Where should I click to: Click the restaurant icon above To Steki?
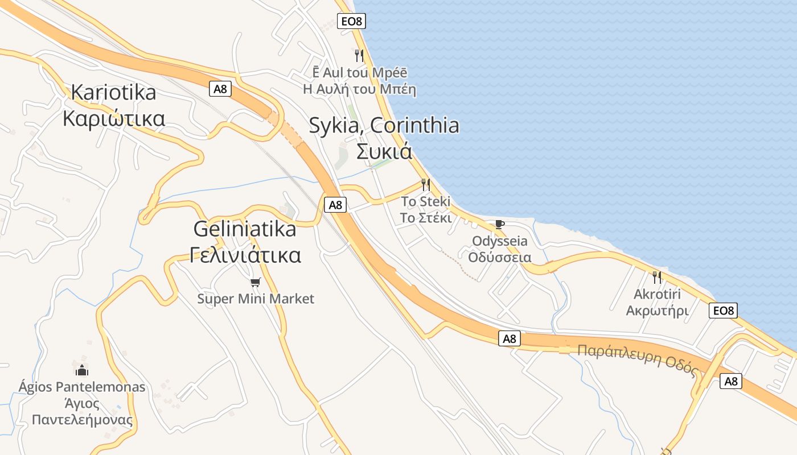click(x=425, y=184)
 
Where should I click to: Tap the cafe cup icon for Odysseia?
click(x=499, y=224)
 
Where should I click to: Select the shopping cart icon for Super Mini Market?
click(x=256, y=282)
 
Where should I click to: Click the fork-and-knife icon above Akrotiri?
click(x=657, y=278)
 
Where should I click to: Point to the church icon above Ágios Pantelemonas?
click(x=82, y=370)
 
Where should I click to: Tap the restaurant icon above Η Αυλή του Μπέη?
click(x=359, y=55)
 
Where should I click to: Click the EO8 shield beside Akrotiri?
click(x=724, y=310)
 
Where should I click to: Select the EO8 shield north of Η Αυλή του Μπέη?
click(x=351, y=22)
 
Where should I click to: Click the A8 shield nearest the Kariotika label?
click(x=220, y=89)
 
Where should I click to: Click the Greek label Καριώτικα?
click(x=114, y=119)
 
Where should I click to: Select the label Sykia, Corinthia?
click(x=384, y=125)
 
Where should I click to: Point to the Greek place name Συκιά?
click(x=384, y=151)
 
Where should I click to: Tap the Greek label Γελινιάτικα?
click(x=245, y=255)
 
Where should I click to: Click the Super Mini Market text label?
click(x=256, y=299)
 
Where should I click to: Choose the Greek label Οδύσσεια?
click(x=499, y=257)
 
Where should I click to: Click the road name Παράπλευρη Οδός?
click(x=638, y=360)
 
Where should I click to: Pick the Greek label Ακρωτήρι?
click(x=657, y=311)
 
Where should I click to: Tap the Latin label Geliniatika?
click(x=245, y=229)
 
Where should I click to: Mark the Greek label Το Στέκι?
click(x=425, y=218)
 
